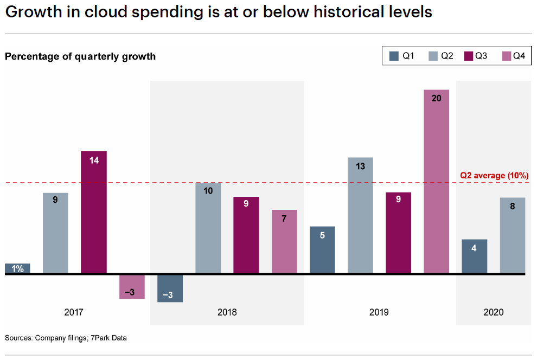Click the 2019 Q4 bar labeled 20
(x=436, y=182)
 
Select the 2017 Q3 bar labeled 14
(x=94, y=212)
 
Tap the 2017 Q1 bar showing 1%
(x=17, y=268)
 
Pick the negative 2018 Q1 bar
(x=170, y=288)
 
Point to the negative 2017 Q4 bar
(x=132, y=287)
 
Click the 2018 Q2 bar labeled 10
(x=208, y=228)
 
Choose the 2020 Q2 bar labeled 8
(x=513, y=235)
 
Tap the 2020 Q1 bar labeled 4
(x=474, y=256)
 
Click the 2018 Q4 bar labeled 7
(x=284, y=241)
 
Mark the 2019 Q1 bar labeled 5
(x=322, y=250)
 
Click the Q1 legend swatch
(x=394, y=55)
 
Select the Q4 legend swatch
(x=507, y=55)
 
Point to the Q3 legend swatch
(x=469, y=55)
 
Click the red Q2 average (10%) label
(x=494, y=176)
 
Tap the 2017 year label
(x=74, y=312)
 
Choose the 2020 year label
(x=493, y=312)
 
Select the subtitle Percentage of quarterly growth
(x=80, y=56)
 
